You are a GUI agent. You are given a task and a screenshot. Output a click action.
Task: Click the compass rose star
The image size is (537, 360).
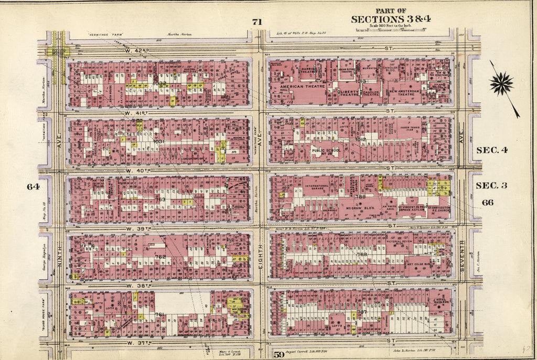point(502,84)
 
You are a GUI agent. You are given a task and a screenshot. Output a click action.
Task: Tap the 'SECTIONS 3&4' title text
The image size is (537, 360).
point(391,19)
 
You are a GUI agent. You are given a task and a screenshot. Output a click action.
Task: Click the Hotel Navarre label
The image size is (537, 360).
point(438,303)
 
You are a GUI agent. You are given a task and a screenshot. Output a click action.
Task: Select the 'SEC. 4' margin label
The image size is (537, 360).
point(491,150)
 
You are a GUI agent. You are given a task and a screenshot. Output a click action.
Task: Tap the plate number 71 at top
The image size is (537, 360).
point(256,22)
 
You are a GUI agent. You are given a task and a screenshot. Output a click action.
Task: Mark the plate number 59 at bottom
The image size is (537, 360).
point(278,355)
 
